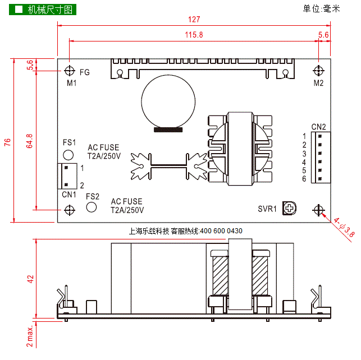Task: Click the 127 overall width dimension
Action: click(x=194, y=19)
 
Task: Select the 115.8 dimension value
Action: click(x=194, y=35)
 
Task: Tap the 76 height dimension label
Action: click(x=8, y=142)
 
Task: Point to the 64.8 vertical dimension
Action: click(x=29, y=141)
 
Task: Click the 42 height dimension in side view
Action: click(x=30, y=279)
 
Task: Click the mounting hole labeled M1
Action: click(x=69, y=71)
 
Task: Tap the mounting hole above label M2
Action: click(x=319, y=71)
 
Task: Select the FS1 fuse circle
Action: click(x=68, y=155)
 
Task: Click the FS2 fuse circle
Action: click(x=92, y=207)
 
